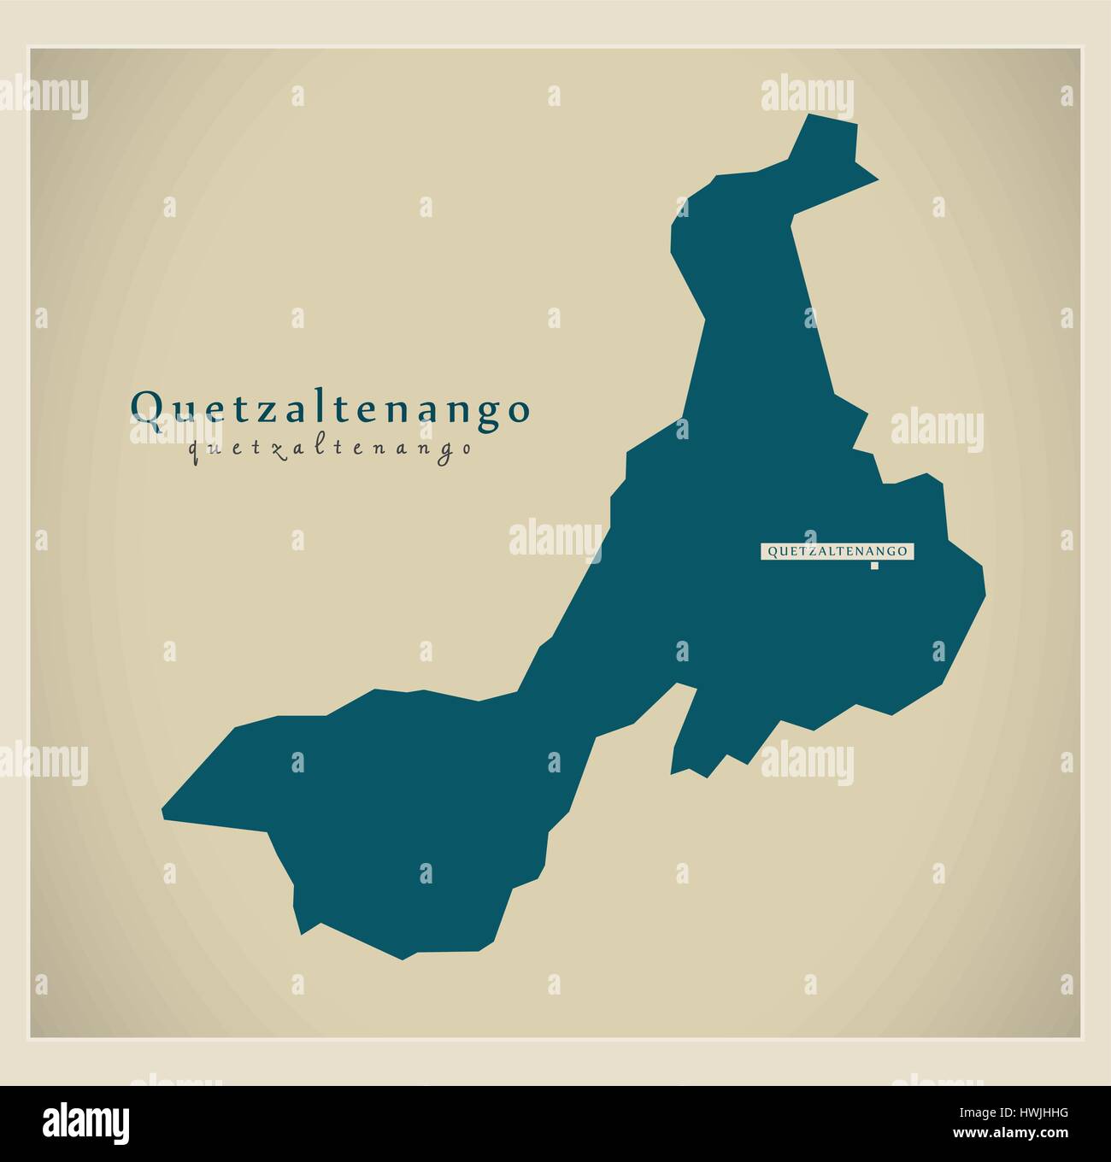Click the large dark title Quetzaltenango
tap(330, 408)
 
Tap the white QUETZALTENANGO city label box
tap(837, 552)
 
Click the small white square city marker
tap(874, 566)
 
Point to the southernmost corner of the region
tap(403, 958)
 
